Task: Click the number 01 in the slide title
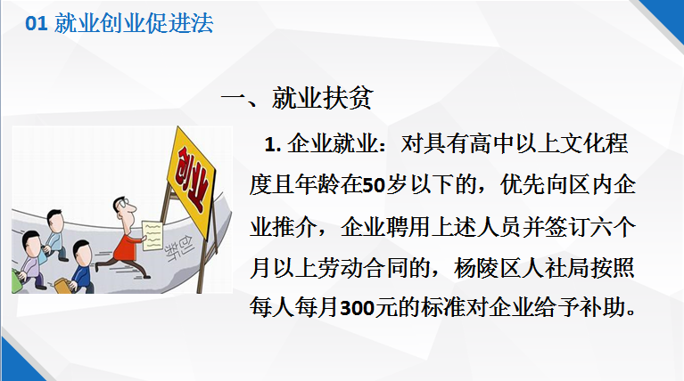coord(37,23)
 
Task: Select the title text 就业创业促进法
coord(134,23)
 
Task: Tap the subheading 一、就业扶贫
coord(297,97)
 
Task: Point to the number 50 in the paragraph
coord(374,186)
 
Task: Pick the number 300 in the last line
coord(358,309)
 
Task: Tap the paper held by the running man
coord(152,236)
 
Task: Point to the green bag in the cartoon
coord(16,281)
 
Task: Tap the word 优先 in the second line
coord(522,186)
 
